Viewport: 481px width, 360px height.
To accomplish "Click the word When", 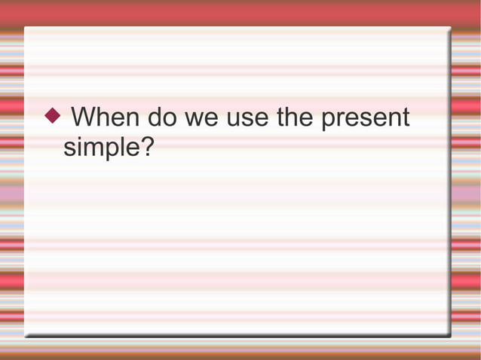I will point(106,118).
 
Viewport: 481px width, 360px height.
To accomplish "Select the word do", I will point(162,118).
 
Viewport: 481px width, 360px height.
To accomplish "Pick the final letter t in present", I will point(405,119).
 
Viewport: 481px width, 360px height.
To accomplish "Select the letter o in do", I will point(170,121).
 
